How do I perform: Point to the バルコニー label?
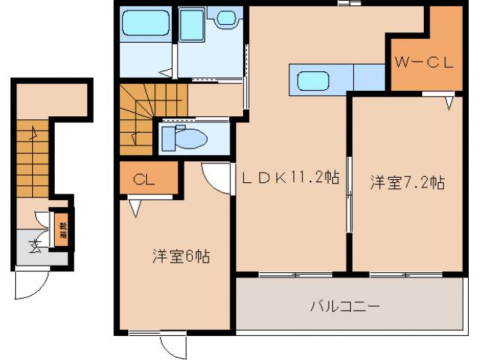tap(346, 306)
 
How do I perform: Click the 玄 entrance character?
tap(34, 245)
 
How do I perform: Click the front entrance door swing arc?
tap(32, 283)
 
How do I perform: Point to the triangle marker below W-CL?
tap(449, 102)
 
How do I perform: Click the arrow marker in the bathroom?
tap(164, 73)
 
